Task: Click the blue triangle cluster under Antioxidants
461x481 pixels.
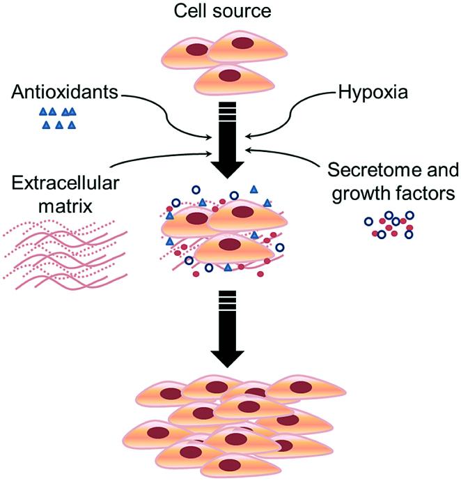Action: (x=58, y=118)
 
